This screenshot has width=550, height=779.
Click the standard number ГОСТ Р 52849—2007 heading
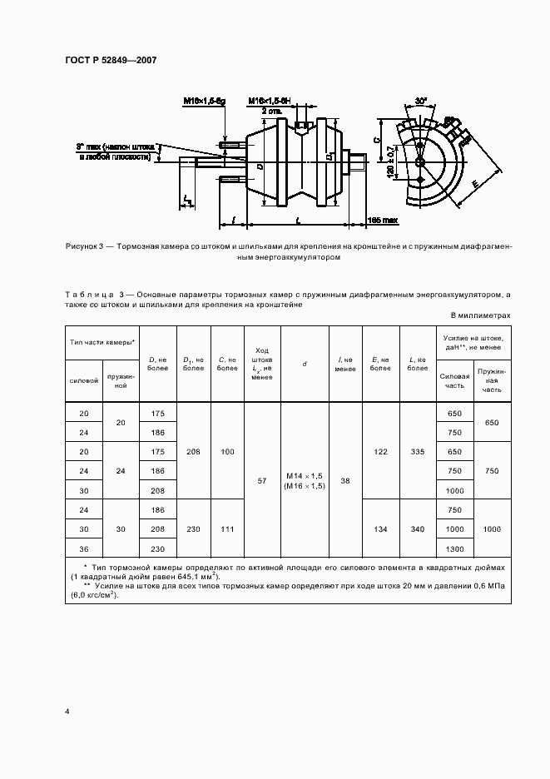110,61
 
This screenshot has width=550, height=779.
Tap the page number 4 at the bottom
67,712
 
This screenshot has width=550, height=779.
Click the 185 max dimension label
384,221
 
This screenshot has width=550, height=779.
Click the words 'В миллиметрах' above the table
480,315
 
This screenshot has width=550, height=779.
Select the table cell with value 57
262,481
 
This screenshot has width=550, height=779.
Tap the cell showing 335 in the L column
418,451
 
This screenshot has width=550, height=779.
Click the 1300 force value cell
454,549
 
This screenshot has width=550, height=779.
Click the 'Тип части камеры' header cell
103,343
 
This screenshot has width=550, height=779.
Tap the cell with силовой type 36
82,549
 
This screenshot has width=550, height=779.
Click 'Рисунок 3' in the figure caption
87,247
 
